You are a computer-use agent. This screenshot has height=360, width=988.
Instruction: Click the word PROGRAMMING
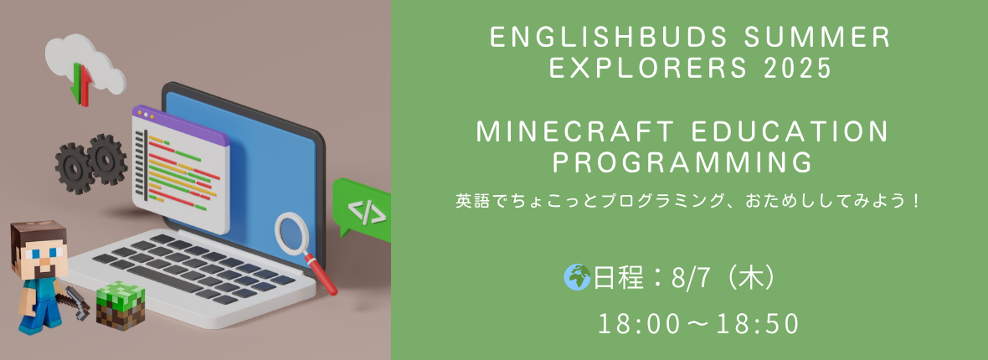click(682, 162)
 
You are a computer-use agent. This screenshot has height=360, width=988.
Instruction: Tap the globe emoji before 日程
click(577, 277)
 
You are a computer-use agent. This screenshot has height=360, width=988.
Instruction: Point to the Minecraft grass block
click(121, 306)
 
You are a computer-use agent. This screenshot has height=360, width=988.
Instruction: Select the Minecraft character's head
click(39, 249)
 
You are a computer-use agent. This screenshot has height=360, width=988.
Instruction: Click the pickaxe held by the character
click(75, 301)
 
